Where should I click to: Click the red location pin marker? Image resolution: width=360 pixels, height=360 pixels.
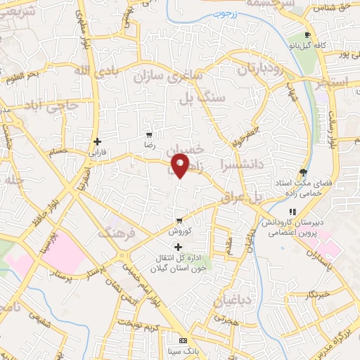[x=181, y=165]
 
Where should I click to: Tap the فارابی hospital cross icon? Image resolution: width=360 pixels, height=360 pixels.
[x=97, y=141]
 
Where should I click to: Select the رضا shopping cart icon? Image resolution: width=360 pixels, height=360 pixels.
[x=149, y=134]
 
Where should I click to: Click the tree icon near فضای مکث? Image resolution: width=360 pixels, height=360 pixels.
[x=303, y=172]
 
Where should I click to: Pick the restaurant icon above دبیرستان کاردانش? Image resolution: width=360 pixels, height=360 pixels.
[x=292, y=212]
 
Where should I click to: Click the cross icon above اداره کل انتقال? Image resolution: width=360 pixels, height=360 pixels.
[x=177, y=247]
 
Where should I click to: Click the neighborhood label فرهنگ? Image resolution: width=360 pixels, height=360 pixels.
[x=117, y=232]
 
